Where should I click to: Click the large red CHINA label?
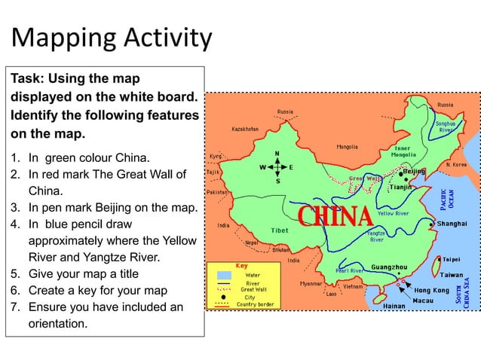click(x=335, y=216)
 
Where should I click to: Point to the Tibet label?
click(x=280, y=230)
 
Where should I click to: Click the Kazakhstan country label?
click(x=245, y=129)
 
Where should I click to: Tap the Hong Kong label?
click(x=431, y=290)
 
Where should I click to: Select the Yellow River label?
click(x=393, y=214)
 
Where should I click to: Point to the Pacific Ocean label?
click(x=448, y=194)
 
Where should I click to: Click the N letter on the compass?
click(x=277, y=154)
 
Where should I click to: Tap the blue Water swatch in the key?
click(x=224, y=275)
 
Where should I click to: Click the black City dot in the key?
click(x=224, y=297)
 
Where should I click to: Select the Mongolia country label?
click(x=347, y=147)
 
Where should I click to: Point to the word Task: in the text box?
click(x=28, y=78)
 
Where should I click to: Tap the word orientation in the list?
click(x=57, y=325)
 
